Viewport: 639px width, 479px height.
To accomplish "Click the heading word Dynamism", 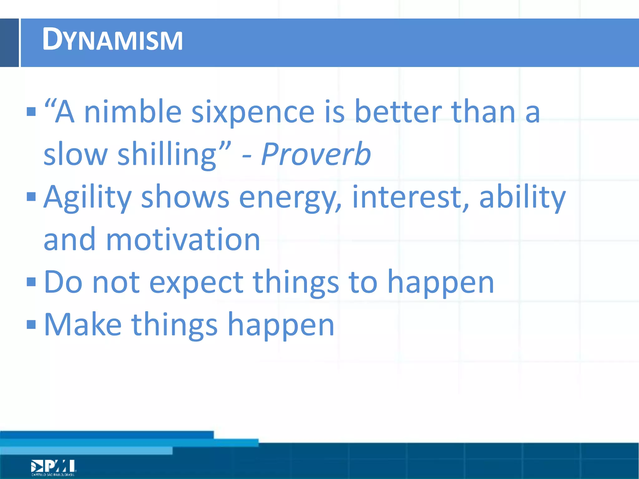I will coord(112,40).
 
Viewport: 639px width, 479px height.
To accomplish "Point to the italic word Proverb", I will coord(316,154).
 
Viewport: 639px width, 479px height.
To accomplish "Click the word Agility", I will coord(87,197).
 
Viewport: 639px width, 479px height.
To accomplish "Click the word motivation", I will coord(183,239).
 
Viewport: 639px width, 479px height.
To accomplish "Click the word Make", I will coord(83,325).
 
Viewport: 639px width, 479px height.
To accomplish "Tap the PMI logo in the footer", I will coord(53,467).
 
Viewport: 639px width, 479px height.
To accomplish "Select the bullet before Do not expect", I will coord(31,282).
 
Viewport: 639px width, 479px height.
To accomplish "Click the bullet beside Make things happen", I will coord(31,325).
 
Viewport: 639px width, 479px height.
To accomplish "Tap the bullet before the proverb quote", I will coord(31,111).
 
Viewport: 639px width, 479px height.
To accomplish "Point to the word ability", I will coord(522,197).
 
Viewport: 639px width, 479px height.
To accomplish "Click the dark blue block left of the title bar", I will coord(9,43).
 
